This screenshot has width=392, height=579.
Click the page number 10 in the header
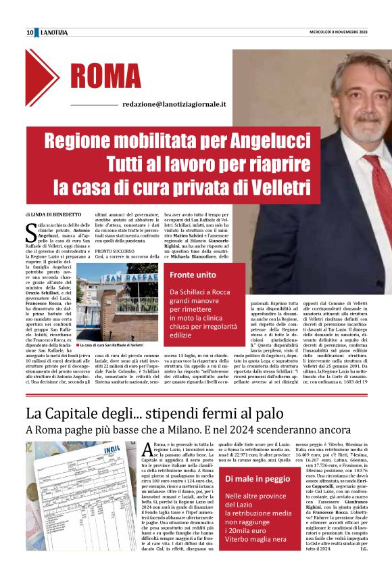tap(30, 32)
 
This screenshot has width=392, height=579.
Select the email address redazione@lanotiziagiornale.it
tap(174, 105)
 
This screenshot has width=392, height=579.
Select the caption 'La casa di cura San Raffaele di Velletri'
tap(111, 345)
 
